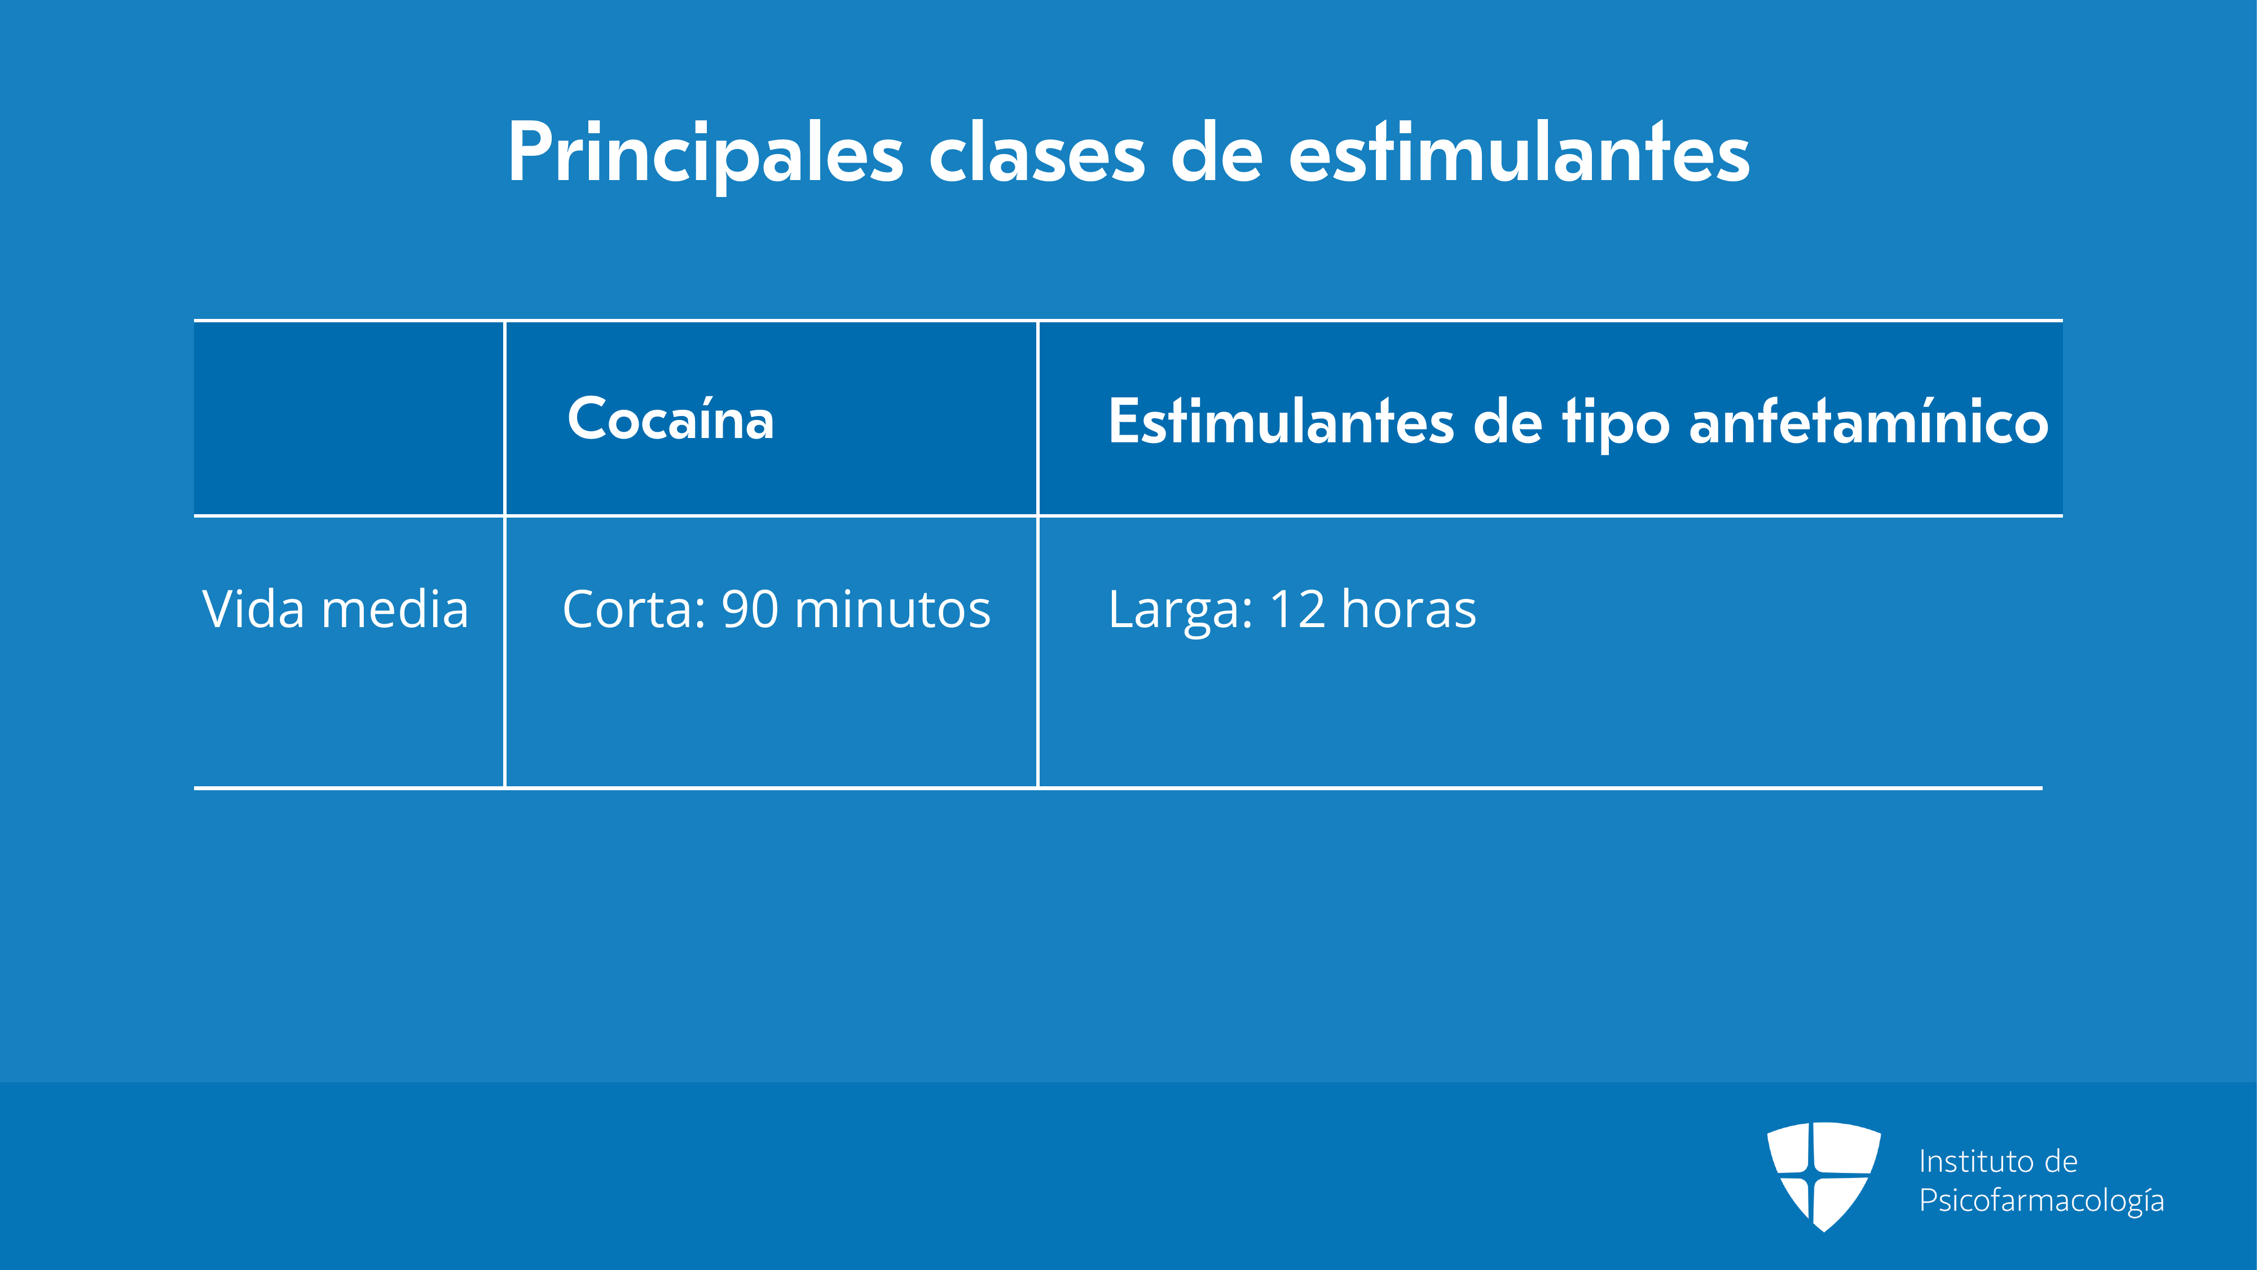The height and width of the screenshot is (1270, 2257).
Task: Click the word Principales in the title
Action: tap(705, 154)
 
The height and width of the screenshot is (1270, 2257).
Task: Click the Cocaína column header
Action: tap(671, 418)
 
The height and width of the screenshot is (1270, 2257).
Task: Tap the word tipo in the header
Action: tap(1616, 424)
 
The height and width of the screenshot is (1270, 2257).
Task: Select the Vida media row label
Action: tap(336, 608)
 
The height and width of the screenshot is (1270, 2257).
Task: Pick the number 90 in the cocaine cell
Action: tap(750, 608)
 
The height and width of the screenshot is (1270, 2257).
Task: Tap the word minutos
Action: tap(893, 608)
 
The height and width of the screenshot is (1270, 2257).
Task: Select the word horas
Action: tap(1409, 608)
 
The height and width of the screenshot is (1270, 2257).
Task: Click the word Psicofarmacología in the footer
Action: tap(2042, 1201)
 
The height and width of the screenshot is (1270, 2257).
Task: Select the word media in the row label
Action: tap(395, 608)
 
